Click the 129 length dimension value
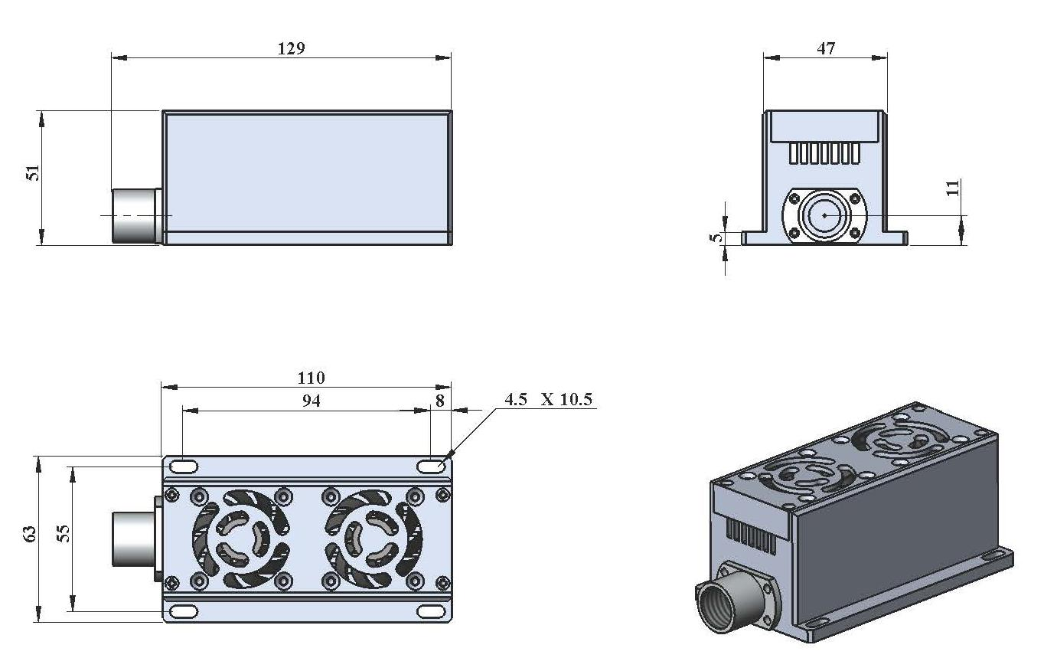(291, 49)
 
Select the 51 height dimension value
(33, 173)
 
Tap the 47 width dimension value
(826, 49)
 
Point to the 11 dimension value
(953, 188)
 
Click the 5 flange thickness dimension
(717, 237)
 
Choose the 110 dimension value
(311, 378)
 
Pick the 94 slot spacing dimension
(312, 401)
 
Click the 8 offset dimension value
(440, 401)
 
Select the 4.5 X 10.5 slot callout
(548, 400)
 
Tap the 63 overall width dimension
(29, 534)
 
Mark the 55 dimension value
(64, 534)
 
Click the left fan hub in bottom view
(240, 539)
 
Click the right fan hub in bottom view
(373, 539)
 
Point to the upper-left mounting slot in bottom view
(184, 467)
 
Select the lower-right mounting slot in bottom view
(431, 611)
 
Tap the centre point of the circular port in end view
(824, 215)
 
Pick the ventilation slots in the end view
(824, 153)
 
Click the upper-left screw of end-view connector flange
(794, 198)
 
